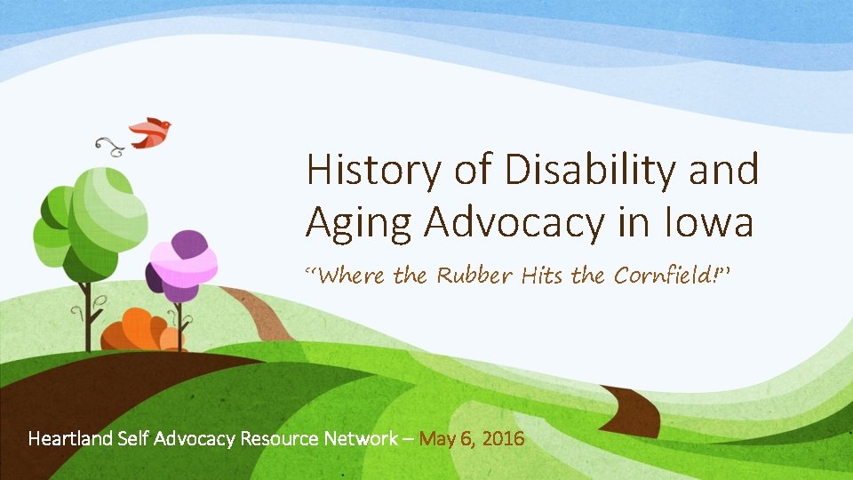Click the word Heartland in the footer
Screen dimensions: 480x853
(x=67, y=438)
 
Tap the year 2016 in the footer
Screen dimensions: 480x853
(x=503, y=438)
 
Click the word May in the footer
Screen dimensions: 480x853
(x=436, y=438)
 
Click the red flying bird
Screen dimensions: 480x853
(x=151, y=132)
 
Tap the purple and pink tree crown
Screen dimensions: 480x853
(x=182, y=262)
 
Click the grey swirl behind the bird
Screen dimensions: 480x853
(x=110, y=144)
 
